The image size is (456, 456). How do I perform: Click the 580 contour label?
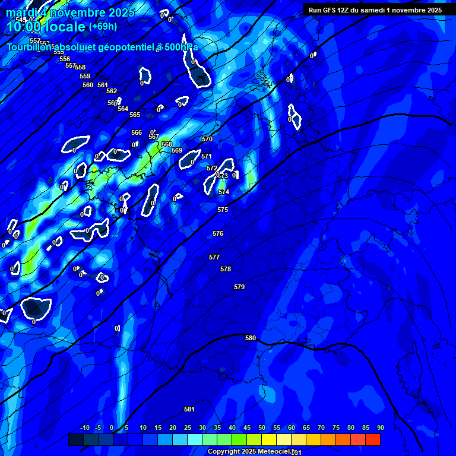(x=251, y=338)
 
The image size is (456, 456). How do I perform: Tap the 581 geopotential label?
(x=189, y=409)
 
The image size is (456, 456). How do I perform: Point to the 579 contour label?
(x=239, y=287)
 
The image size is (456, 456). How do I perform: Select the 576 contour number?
(x=218, y=233)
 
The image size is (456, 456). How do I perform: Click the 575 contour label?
(x=223, y=210)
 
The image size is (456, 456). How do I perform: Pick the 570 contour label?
(x=207, y=139)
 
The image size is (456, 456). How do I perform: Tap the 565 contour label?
(x=135, y=115)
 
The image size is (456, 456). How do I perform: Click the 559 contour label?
(x=85, y=76)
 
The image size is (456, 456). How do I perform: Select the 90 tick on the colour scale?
(x=380, y=427)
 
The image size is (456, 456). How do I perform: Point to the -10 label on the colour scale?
(x=84, y=427)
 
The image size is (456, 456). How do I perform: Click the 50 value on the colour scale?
(x=262, y=427)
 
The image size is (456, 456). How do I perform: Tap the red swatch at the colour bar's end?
(x=373, y=439)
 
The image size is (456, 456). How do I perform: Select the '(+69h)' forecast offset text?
(x=103, y=26)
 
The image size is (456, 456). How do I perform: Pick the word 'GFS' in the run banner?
(x=328, y=9)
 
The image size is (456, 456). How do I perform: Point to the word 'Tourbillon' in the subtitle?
(x=30, y=47)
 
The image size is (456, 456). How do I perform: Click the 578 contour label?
(x=226, y=269)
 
